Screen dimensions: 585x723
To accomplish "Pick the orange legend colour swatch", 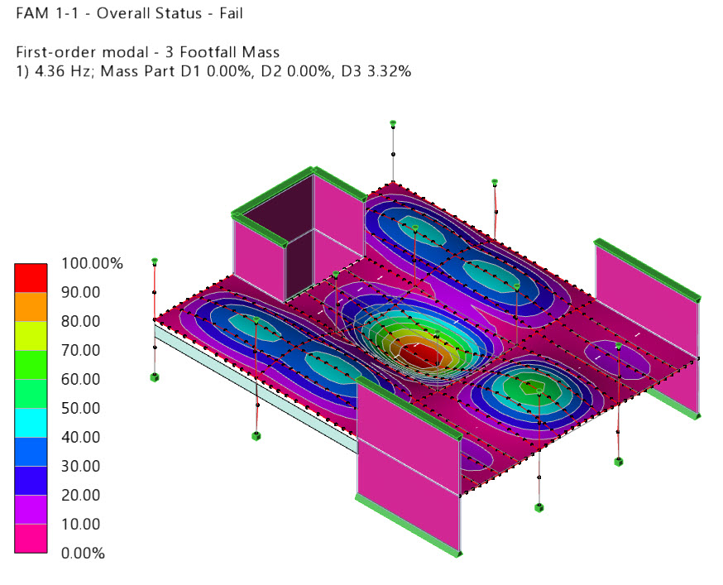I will pyautogui.click(x=31, y=307).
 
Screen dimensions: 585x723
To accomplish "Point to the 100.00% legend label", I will pyautogui.click(x=92, y=264).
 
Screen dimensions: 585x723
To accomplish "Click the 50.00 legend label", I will pyautogui.click(x=81, y=409).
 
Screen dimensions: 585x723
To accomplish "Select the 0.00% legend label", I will pyautogui.click(x=84, y=554).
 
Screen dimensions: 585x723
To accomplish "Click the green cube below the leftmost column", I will pyautogui.click(x=155, y=377).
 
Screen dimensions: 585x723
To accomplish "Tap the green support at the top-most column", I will pyautogui.click(x=394, y=123).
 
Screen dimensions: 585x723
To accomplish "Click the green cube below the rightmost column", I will pyautogui.click(x=618, y=462).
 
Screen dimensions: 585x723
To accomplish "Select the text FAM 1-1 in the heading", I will pyautogui.click(x=42, y=14).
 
